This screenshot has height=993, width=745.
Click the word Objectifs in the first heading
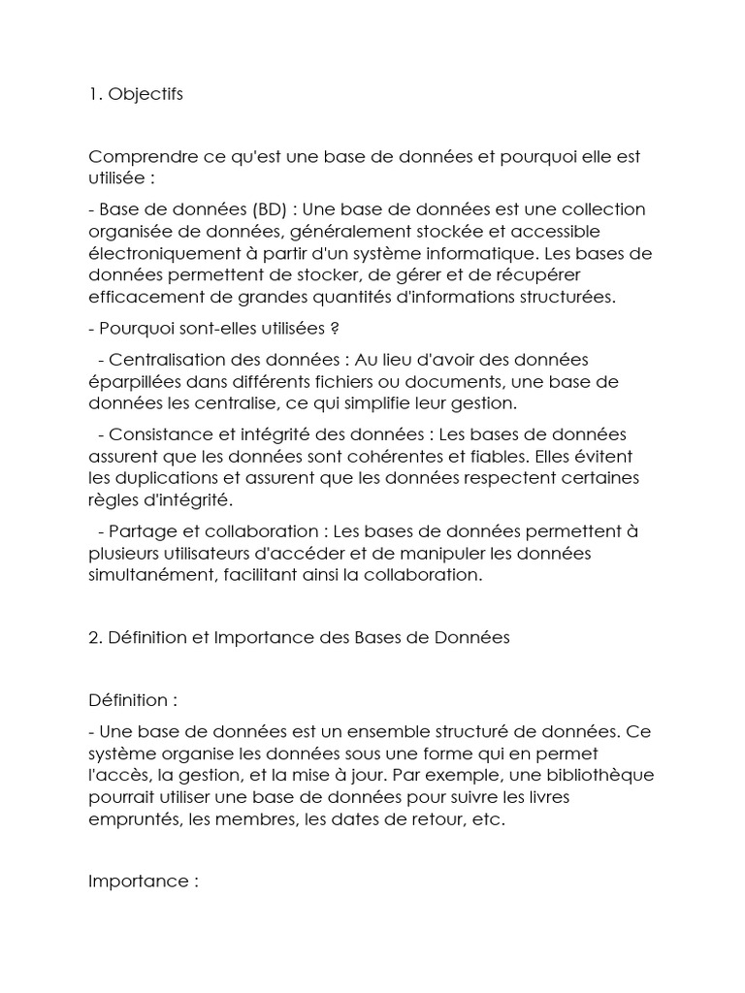click(x=146, y=94)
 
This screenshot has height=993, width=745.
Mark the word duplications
click(x=162, y=477)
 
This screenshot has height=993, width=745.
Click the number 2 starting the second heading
click(x=93, y=637)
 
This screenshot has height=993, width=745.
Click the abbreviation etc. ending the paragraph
click(x=491, y=818)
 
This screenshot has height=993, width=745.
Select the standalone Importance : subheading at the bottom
click(x=143, y=881)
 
